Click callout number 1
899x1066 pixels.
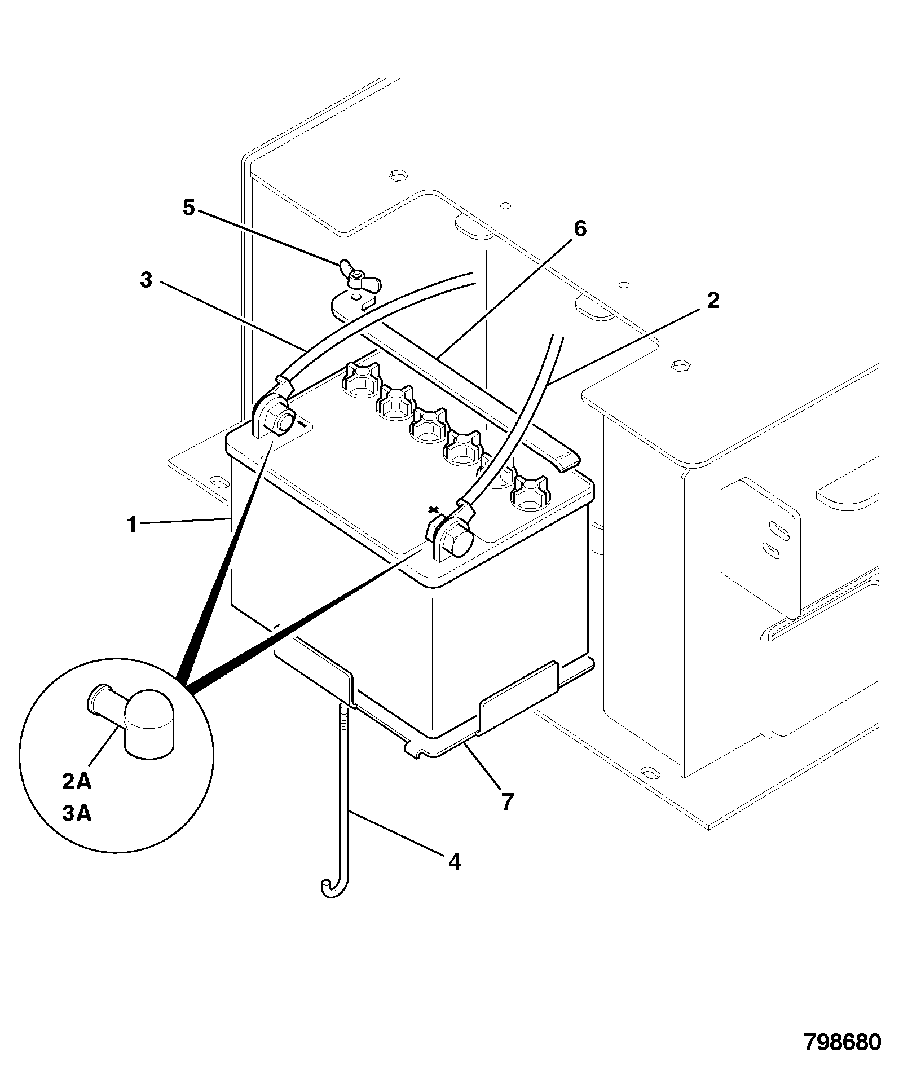pos(132,525)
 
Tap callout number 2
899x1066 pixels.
pos(713,301)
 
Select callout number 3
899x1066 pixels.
pos(146,279)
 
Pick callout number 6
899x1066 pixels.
pos(580,228)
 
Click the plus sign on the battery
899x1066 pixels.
pos(433,510)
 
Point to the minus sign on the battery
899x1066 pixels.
pos(305,422)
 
